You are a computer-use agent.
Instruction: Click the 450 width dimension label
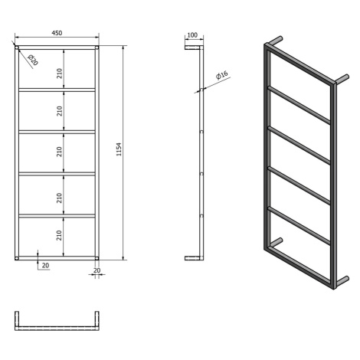[x=57, y=33]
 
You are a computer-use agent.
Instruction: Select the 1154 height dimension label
[x=119, y=149]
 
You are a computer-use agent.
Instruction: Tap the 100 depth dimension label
[x=192, y=35]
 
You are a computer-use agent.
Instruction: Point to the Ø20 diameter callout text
[x=33, y=60]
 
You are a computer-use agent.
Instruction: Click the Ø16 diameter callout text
[x=222, y=75]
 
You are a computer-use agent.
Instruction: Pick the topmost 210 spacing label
[x=60, y=74]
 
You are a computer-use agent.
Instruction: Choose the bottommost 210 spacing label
[x=60, y=235]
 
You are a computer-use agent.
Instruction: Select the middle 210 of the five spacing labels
[x=60, y=152]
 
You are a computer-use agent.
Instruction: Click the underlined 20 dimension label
[x=45, y=266]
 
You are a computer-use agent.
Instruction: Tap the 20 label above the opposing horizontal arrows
[x=97, y=270]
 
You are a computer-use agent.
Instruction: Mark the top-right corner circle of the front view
[x=97, y=47]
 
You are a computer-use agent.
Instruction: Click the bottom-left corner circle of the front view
[x=17, y=258]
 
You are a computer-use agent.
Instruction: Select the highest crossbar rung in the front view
[x=57, y=90]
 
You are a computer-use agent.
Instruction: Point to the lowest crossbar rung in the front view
[x=57, y=216]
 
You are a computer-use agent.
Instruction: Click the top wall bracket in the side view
[x=192, y=47]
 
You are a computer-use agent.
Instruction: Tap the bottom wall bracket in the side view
[x=192, y=258]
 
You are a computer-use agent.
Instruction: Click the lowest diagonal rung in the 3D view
[x=299, y=226]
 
